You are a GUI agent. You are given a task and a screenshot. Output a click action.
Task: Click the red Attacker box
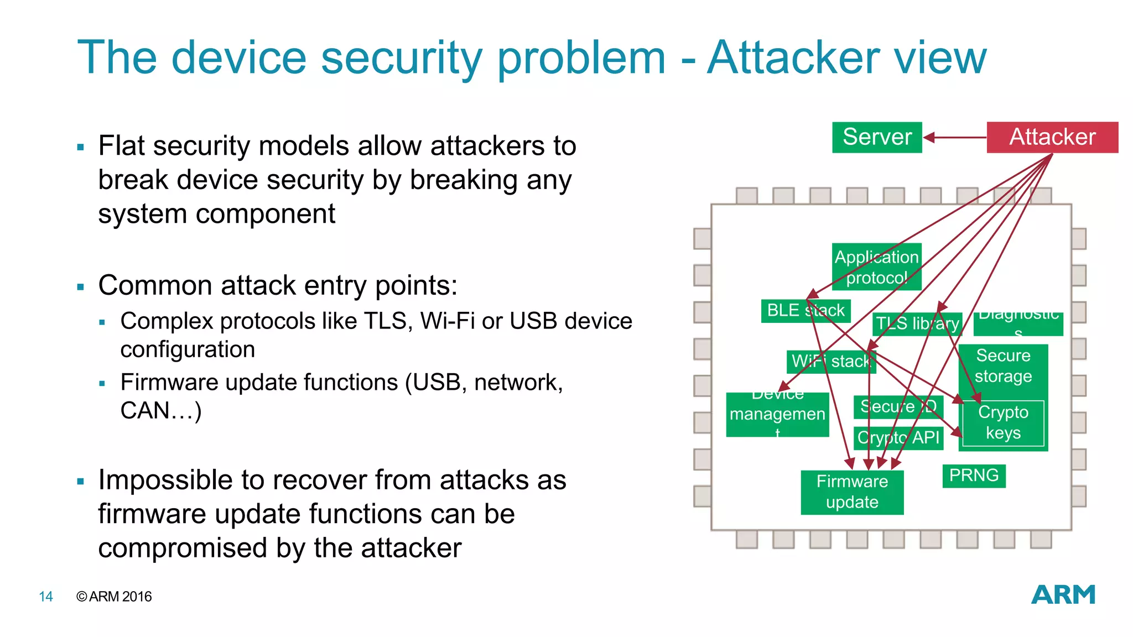click(x=1052, y=137)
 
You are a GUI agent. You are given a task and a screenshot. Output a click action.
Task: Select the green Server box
click(x=876, y=137)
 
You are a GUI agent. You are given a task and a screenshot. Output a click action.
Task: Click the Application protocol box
click(x=876, y=267)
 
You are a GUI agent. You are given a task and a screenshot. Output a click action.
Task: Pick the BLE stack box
click(x=805, y=311)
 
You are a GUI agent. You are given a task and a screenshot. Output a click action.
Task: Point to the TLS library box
click(x=917, y=323)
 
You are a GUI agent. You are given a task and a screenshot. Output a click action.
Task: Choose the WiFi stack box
click(x=830, y=362)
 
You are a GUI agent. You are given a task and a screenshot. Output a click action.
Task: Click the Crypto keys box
click(x=1002, y=423)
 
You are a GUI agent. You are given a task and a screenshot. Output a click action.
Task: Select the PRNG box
click(x=974, y=476)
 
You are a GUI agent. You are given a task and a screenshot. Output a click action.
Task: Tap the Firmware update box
click(x=851, y=492)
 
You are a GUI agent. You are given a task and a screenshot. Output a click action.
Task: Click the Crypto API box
click(x=898, y=438)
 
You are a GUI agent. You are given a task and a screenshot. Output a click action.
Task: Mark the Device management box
click(x=777, y=415)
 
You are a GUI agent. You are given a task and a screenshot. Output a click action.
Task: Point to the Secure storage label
click(x=1002, y=366)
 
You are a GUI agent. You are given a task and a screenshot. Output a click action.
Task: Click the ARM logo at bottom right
click(x=1063, y=595)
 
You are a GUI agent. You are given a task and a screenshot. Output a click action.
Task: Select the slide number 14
click(x=46, y=597)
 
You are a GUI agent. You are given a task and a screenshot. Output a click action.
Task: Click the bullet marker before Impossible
click(x=81, y=482)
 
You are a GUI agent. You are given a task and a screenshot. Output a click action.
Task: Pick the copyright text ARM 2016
click(x=120, y=597)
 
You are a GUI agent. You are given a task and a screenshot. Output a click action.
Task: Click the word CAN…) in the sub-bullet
click(x=160, y=411)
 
